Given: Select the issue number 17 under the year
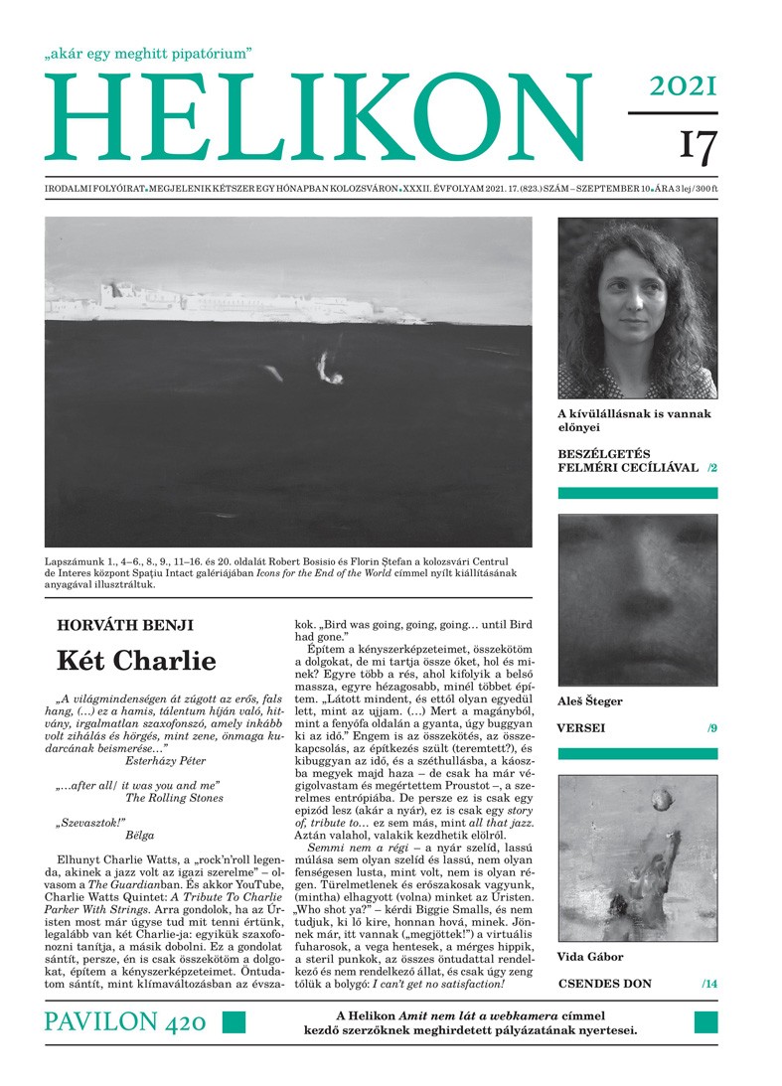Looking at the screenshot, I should (697, 145).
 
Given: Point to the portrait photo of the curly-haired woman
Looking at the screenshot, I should (637, 308).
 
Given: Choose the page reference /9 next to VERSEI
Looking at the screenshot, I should (711, 728).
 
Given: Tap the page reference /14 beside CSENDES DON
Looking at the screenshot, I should (708, 984).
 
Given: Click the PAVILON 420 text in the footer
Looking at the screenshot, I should (125, 1021).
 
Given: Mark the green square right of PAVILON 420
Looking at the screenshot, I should (233, 1022).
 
